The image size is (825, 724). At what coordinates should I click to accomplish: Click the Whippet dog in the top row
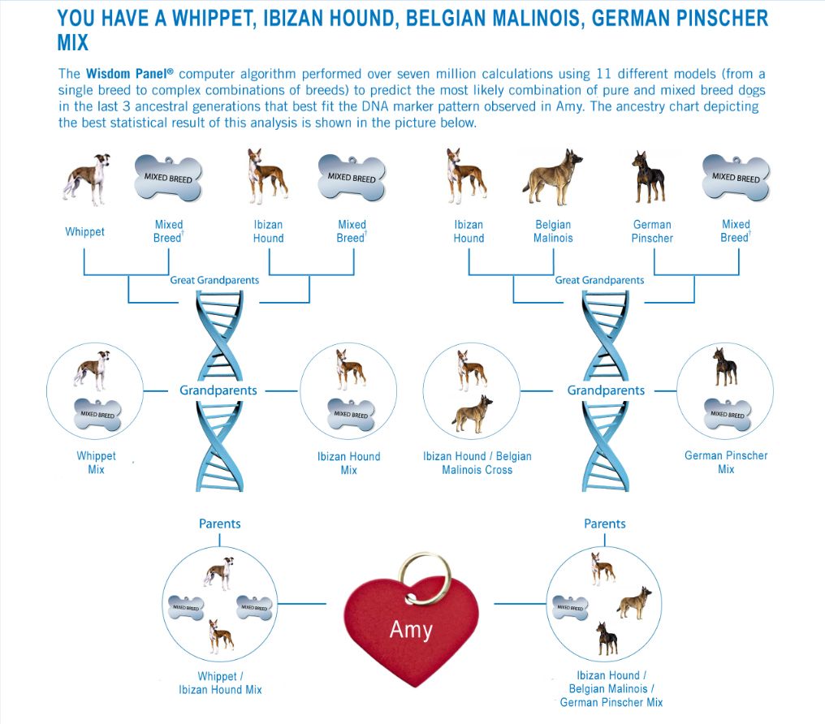click(85, 179)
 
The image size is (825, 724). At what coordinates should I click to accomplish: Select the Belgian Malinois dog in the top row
click(553, 176)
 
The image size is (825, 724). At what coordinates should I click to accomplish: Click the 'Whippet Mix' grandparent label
click(96, 463)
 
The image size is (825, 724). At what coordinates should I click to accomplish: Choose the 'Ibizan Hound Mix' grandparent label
click(348, 463)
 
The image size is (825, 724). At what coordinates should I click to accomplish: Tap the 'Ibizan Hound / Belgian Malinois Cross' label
click(477, 463)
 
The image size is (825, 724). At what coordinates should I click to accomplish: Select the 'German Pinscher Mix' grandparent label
click(726, 462)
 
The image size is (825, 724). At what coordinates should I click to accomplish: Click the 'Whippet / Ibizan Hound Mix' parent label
click(220, 683)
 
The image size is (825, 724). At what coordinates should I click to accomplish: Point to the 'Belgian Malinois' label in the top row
click(553, 231)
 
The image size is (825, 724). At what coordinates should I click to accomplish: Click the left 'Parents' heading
click(220, 524)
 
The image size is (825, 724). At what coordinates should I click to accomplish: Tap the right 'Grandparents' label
click(606, 390)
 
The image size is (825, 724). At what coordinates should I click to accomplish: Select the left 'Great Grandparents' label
click(214, 280)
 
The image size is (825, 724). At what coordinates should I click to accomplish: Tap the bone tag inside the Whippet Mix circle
click(97, 413)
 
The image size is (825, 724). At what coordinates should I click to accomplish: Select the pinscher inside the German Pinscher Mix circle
click(723, 367)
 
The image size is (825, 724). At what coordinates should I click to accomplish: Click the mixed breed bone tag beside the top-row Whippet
click(168, 177)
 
